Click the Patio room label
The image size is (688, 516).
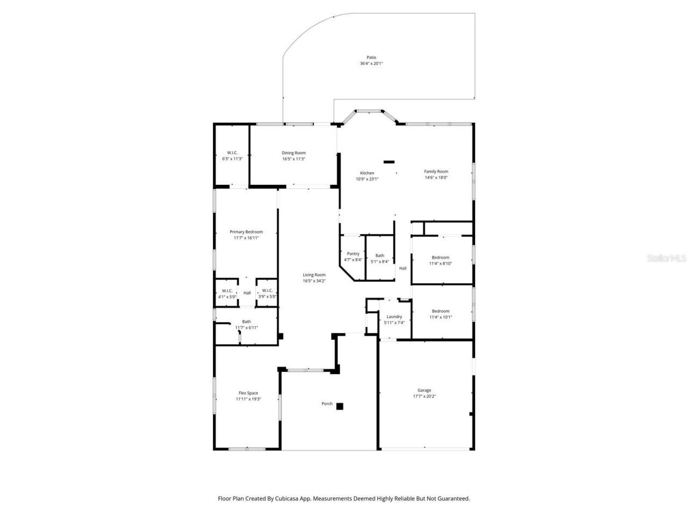tap(371, 58)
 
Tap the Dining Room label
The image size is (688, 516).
tap(293, 153)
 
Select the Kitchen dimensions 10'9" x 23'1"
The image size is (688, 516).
tap(367, 180)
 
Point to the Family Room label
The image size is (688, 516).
tap(436, 171)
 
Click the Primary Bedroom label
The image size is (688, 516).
tap(246, 232)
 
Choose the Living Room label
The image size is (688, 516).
tap(314, 275)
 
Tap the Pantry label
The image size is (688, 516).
tap(353, 254)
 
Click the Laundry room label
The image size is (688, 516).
tap(394, 317)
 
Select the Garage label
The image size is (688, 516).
tap(424, 390)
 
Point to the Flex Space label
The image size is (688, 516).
tap(248, 393)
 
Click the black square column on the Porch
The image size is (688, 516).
tap(340, 406)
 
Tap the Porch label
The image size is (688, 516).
tap(327, 404)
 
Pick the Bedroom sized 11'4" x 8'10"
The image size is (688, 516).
tap(440, 257)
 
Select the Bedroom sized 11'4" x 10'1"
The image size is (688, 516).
tap(440, 311)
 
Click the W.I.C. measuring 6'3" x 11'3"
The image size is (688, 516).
tap(232, 153)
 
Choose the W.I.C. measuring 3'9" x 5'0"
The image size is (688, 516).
tap(267, 291)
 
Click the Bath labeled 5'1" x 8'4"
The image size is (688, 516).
tap(379, 256)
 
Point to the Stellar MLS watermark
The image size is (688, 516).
tap(666, 258)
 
